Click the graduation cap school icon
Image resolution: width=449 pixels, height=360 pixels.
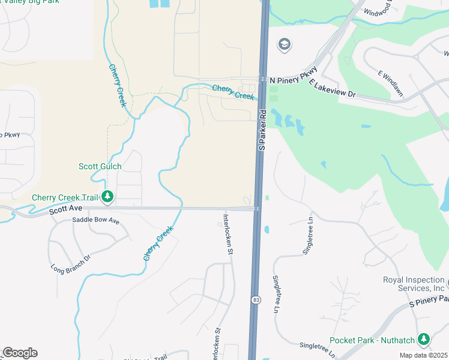point(284,44)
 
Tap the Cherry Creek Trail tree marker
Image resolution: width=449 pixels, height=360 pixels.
point(107,196)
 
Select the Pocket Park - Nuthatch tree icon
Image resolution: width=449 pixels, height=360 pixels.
point(424,339)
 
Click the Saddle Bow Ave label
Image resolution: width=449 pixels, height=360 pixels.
point(96,221)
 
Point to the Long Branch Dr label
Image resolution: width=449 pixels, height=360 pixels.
point(70,262)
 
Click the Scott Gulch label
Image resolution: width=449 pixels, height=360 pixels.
point(100,166)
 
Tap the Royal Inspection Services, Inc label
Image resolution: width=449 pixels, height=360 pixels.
point(414,284)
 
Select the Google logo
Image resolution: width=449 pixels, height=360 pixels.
point(20,353)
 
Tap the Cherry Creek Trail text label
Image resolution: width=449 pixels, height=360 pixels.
point(64,197)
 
